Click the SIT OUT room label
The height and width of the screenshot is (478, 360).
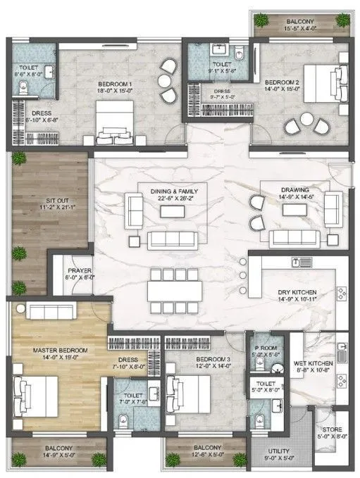point(49,201)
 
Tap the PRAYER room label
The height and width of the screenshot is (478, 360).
point(76,270)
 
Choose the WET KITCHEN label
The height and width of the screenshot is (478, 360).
point(310,363)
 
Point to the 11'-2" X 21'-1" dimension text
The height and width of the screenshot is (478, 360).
point(49,208)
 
